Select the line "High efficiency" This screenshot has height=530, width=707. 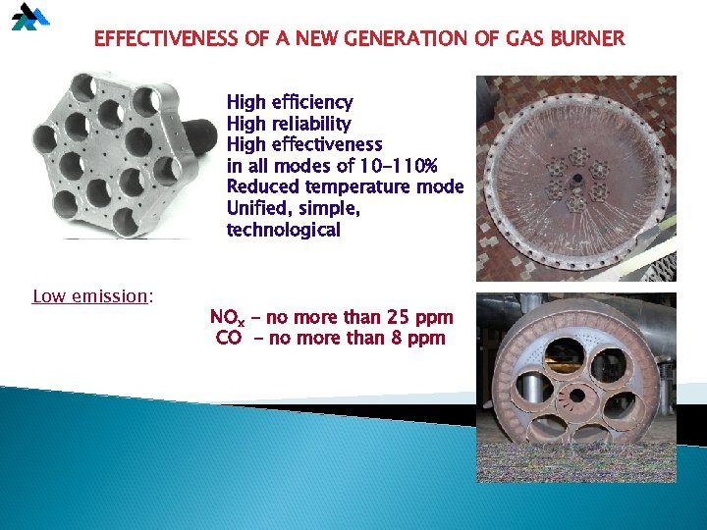[x=290, y=102]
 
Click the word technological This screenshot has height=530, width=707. [x=284, y=230]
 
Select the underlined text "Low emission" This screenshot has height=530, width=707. [x=89, y=295]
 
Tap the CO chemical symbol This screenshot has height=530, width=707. [x=228, y=339]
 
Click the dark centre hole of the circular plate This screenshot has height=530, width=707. [x=576, y=179]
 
